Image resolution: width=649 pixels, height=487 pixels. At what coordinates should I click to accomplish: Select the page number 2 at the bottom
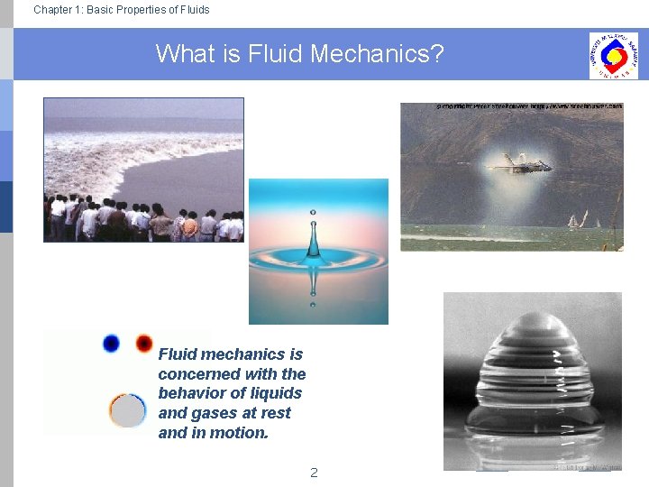[314, 472]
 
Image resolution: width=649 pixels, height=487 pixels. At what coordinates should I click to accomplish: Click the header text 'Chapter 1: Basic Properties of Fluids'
[121, 10]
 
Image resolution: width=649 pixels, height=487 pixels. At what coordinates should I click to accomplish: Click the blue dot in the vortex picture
[111, 343]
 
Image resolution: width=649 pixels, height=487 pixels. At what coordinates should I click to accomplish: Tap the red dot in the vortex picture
[143, 343]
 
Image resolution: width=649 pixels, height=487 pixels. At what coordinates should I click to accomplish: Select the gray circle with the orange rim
[128, 410]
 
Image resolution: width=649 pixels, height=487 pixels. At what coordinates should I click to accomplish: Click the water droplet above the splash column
[313, 213]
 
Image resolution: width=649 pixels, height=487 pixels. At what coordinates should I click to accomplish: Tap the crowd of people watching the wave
[144, 221]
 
